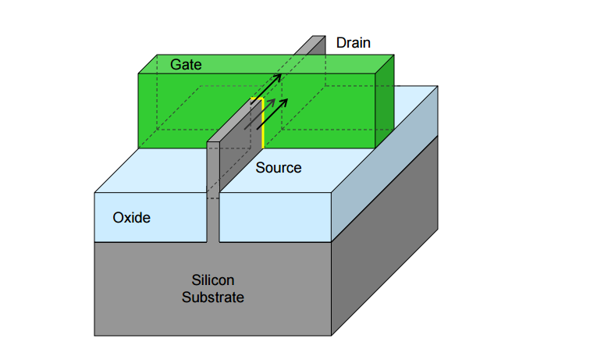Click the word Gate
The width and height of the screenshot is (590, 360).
point(187,65)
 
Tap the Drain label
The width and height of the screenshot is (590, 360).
point(353,43)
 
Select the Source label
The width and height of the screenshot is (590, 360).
point(279,168)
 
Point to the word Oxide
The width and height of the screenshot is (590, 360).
point(131,218)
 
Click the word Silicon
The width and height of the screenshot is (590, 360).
point(212,280)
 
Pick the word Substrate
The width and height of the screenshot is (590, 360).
point(212,298)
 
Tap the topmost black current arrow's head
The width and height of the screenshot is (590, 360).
point(278,77)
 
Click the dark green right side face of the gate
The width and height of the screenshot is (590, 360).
point(385,102)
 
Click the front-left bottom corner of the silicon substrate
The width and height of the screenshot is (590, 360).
point(95,335)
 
